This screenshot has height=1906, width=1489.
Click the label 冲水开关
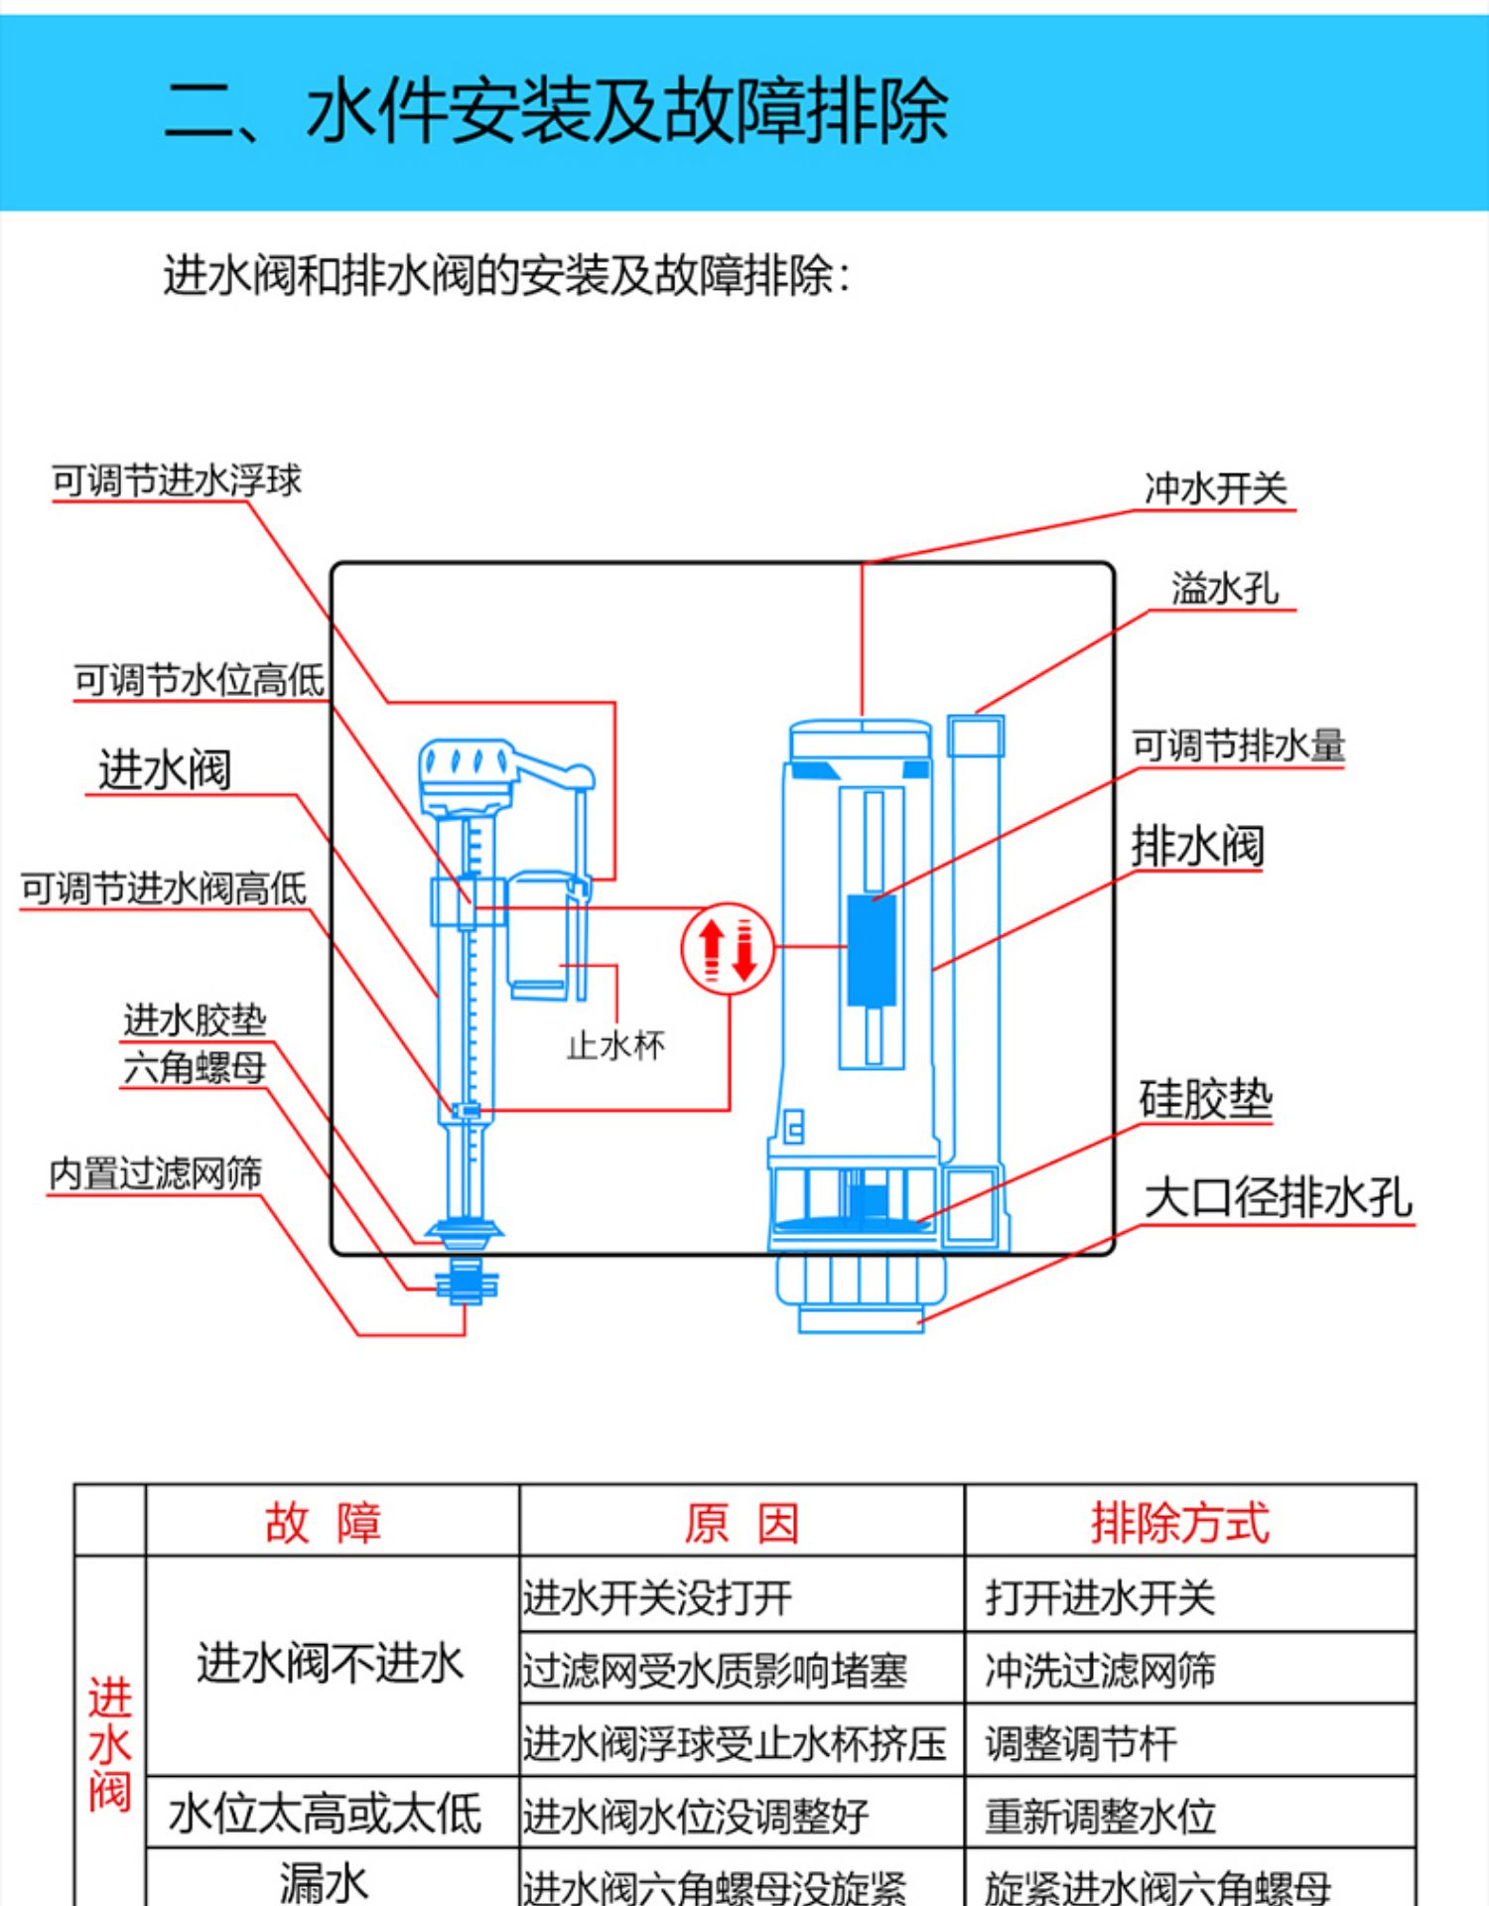tap(1215, 488)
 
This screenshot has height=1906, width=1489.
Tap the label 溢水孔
tap(1224, 589)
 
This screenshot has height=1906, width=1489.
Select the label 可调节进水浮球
tap(177, 480)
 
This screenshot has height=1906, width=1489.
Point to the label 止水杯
tap(615, 1045)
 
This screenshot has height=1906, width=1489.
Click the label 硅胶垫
tap(1205, 1100)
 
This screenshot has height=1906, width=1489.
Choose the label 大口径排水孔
tap(1278, 1197)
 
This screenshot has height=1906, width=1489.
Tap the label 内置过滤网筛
tap(156, 1173)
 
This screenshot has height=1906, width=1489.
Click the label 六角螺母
tap(195, 1068)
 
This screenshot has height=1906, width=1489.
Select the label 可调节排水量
tap(1238, 746)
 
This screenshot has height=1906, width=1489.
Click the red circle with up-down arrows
tap(728, 948)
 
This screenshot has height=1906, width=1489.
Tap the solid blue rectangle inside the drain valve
tap(872, 950)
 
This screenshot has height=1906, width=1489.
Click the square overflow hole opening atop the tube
tap(975, 737)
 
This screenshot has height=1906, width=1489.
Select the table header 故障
tap(323, 1522)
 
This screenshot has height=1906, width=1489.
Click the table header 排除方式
tap(1179, 1522)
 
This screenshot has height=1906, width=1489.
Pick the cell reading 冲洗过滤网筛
tap(1100, 1671)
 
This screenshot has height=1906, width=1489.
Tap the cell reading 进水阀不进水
tap(331, 1663)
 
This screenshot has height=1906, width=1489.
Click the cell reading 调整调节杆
tap(1081, 1743)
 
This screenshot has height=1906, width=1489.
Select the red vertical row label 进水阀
tap(109, 1743)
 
